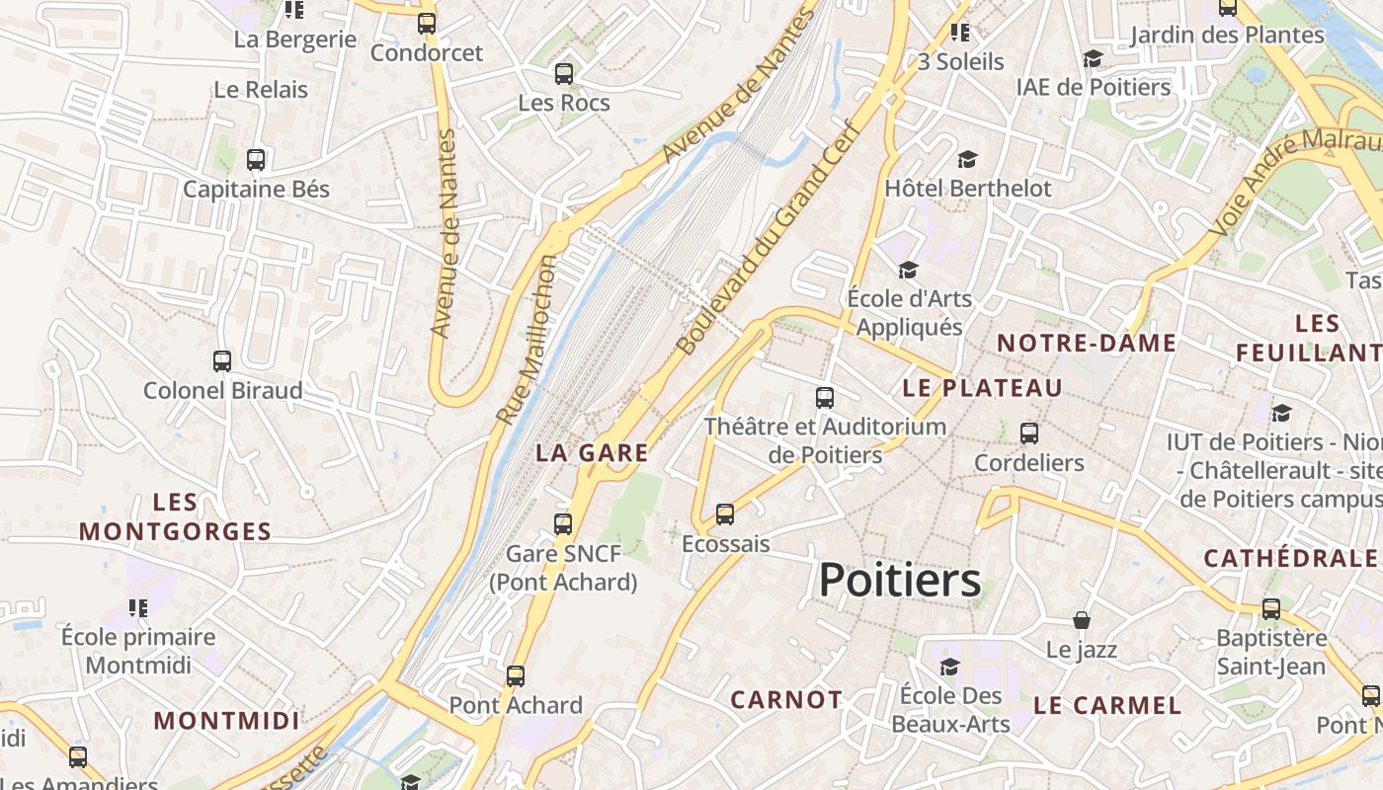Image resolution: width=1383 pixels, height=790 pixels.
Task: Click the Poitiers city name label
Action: [900, 580]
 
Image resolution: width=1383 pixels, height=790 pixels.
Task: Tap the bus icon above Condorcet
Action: [427, 24]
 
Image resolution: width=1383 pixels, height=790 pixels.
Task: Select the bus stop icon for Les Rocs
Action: [564, 73]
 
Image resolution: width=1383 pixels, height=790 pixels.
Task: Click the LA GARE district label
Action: [592, 453]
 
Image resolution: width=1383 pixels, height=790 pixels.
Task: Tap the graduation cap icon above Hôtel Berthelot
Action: [967, 159]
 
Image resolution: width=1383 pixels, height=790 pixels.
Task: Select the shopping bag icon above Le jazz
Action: [1082, 620]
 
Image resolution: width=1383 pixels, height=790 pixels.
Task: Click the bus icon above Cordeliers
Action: [1029, 433]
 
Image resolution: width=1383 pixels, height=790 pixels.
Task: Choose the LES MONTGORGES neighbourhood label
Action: [175, 517]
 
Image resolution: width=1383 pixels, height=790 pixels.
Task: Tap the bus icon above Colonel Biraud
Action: [222, 361]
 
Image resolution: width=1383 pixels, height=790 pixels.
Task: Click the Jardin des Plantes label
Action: [1226, 36]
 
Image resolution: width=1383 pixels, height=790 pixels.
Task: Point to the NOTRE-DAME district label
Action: [1086, 344]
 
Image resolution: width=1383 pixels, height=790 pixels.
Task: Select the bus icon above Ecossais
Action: [725, 513]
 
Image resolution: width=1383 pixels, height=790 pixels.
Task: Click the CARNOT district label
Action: [786, 700]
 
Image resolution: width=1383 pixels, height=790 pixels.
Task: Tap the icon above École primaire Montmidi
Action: [137, 607]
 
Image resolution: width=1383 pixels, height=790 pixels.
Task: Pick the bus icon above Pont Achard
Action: [516, 676]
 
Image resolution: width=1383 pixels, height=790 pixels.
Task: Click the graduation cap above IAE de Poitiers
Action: [1093, 58]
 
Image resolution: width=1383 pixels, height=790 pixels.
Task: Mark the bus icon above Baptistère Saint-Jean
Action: [1271, 608]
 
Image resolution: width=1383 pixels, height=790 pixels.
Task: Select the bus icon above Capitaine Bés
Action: [256, 159]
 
